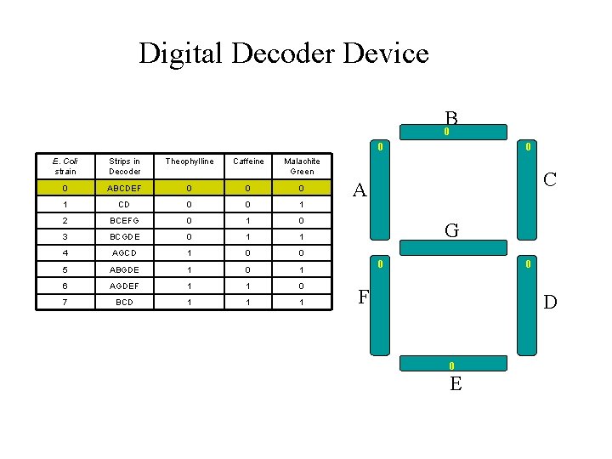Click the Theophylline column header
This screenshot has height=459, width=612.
[x=190, y=161]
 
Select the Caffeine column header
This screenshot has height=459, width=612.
[x=247, y=161]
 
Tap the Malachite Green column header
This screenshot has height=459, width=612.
[x=302, y=166]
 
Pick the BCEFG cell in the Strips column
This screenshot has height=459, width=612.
[x=124, y=221]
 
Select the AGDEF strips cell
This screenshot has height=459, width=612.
[x=124, y=286]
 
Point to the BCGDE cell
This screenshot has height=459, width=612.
[x=124, y=237]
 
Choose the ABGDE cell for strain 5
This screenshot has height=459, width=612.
[x=124, y=270]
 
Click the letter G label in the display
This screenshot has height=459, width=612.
[x=451, y=230]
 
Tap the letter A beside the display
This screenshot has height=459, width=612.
[x=360, y=190]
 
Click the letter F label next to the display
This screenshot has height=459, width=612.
[x=363, y=297]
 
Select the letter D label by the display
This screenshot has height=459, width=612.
[x=550, y=302]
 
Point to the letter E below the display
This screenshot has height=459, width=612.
[x=456, y=383]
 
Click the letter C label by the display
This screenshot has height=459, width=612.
[x=550, y=179]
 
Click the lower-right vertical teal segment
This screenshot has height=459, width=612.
[x=528, y=306]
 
